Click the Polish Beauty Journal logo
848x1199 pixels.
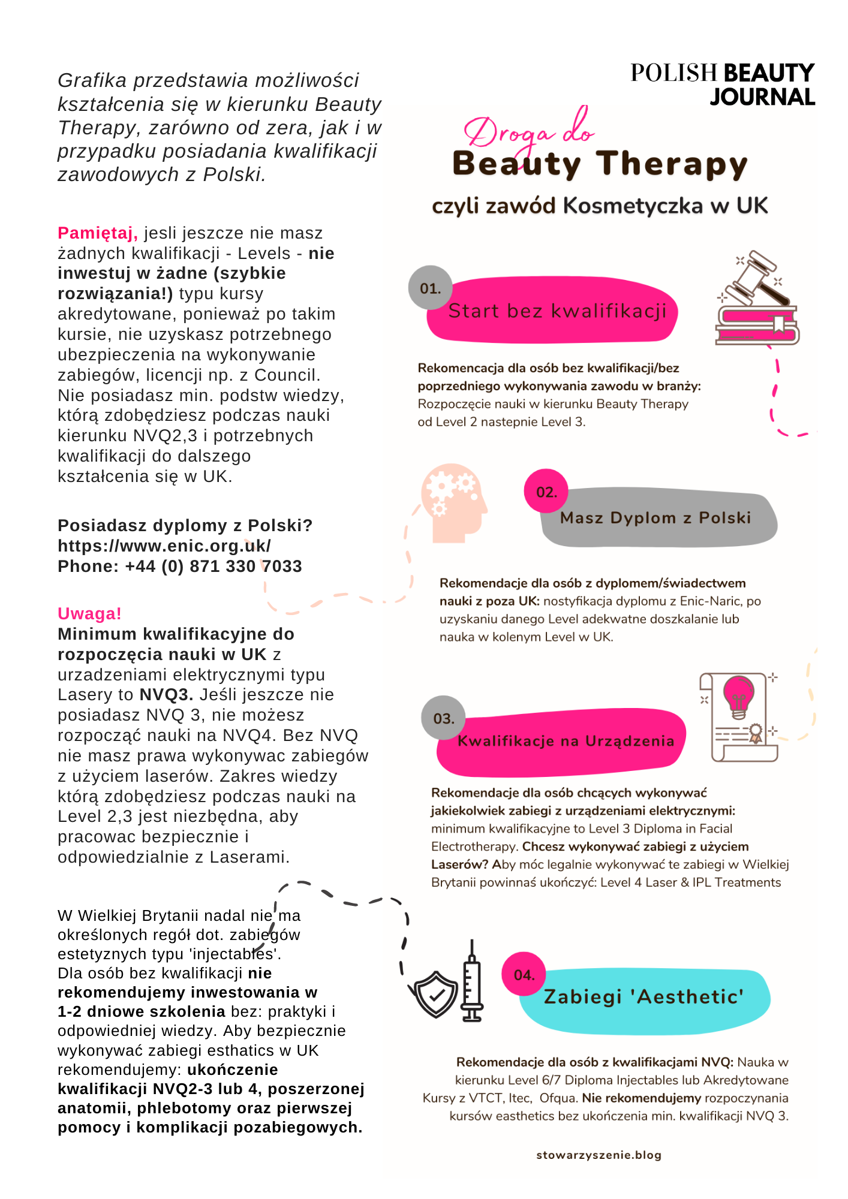pos(722,85)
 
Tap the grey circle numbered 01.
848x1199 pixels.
pos(430,288)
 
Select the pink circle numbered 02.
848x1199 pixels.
pos(546,491)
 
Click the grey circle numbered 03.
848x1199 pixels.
pos(443,718)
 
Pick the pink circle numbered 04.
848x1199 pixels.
pos(524,974)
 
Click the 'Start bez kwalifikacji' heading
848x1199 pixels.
pos(557,311)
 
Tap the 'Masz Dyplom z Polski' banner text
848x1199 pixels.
pos(655,518)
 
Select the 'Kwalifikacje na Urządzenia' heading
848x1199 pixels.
pos(566,742)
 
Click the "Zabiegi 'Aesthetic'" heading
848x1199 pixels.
pos(643,997)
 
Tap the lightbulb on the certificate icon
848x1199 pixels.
pos(739,695)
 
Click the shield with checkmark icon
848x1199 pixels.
pos(435,993)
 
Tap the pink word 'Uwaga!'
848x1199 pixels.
pos(89,614)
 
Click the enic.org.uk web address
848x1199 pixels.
pos(164,546)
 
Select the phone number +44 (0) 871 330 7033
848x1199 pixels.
pos(213,567)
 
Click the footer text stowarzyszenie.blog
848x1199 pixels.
pos(599,1155)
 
